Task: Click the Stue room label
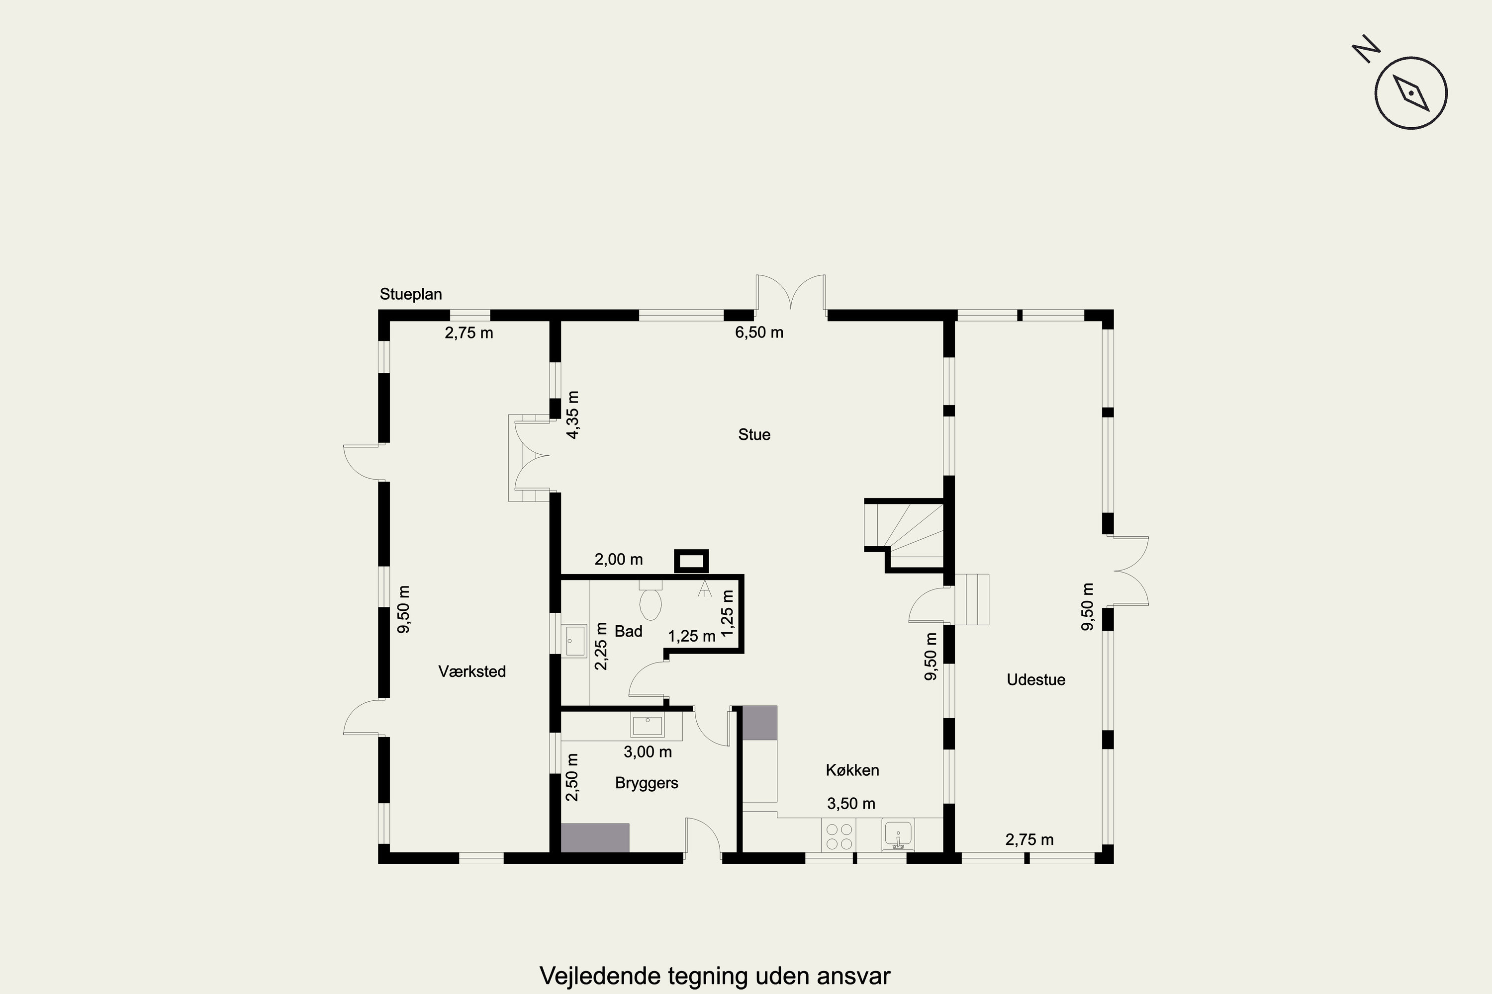(754, 435)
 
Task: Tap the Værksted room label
(472, 672)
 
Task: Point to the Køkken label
(852, 770)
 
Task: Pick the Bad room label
(628, 631)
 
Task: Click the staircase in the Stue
(906, 534)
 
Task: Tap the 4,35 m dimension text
(573, 415)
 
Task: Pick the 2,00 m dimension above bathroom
(619, 560)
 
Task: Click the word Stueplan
(410, 294)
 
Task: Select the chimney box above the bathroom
(691, 561)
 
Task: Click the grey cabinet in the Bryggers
(595, 837)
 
